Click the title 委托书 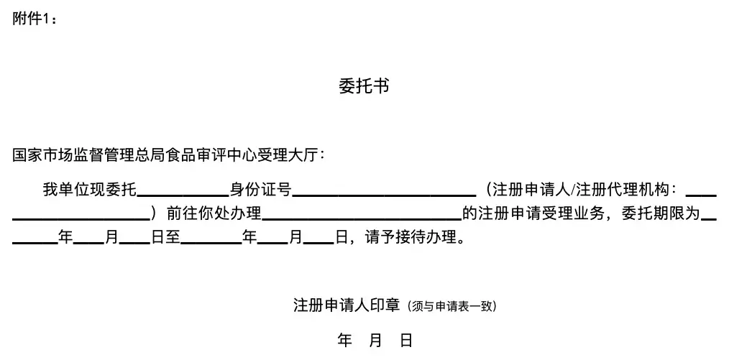(364, 87)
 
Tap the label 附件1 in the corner (33, 19)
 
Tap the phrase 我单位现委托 (89, 190)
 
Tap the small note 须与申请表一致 (451, 307)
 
